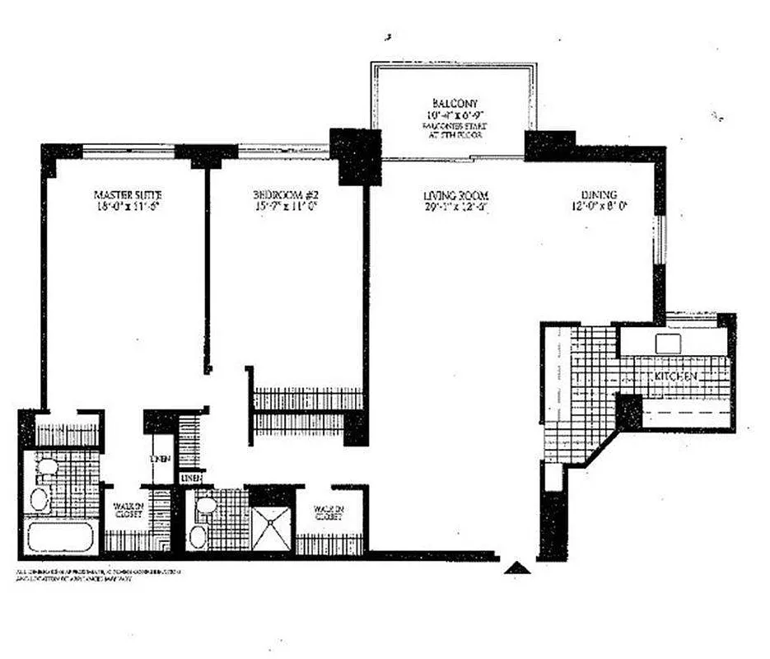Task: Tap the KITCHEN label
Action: [677, 376]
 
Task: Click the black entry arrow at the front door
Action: [516, 567]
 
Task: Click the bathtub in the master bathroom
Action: [61, 539]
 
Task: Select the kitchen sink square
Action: [668, 342]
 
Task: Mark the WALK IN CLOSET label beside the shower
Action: [328, 513]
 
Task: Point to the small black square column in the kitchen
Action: [629, 411]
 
